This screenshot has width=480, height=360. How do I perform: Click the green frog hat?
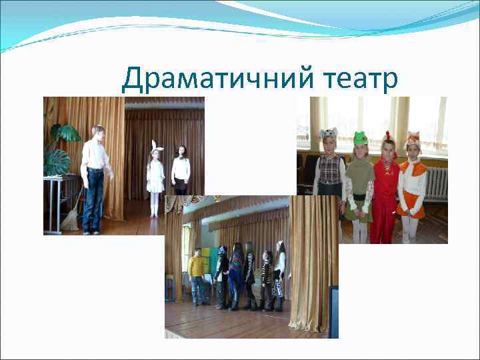[x=361, y=137]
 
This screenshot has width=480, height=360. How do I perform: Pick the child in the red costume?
[x=385, y=193]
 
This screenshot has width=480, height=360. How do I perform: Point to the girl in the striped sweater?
[x=268, y=277]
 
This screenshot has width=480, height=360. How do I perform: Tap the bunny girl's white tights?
[x=155, y=203]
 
